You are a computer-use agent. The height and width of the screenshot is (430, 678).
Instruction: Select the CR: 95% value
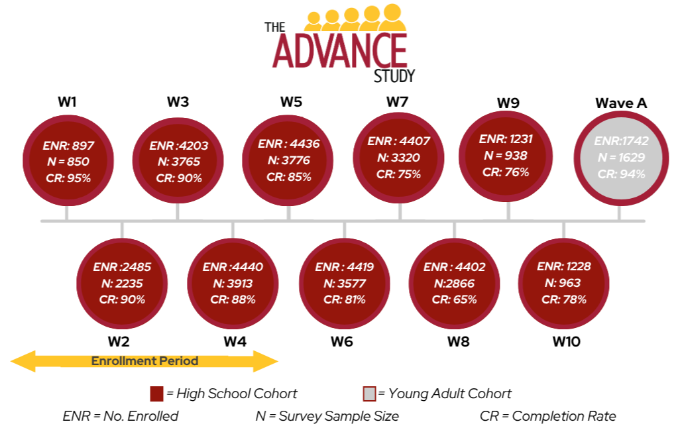[68, 178]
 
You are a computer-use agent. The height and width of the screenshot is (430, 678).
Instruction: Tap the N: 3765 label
[178, 162]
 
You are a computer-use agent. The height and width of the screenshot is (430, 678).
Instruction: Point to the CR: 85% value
[289, 177]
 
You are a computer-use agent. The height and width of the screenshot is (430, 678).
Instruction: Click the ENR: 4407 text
[398, 142]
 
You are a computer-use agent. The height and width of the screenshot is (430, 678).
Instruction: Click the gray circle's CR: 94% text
[620, 174]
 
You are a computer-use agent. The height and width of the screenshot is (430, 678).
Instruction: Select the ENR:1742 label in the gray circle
[621, 141]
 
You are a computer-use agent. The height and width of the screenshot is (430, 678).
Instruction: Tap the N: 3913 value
[233, 283]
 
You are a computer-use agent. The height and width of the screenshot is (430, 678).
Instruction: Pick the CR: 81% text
[345, 299]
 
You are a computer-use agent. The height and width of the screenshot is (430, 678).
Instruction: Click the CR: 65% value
[455, 299]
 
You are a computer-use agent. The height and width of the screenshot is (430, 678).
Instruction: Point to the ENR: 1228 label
[563, 266]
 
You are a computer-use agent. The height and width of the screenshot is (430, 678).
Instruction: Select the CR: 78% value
[564, 299]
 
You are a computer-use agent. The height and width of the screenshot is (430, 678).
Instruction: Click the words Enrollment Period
[144, 361]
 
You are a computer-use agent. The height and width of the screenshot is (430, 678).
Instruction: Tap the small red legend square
[157, 394]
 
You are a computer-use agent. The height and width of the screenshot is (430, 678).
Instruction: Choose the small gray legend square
[370, 394]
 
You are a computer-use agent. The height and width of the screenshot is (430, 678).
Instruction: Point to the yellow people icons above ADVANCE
[355, 18]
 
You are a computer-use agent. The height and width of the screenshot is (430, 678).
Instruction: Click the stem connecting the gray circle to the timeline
[620, 213]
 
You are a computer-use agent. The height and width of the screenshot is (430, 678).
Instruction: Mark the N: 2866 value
[455, 283]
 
